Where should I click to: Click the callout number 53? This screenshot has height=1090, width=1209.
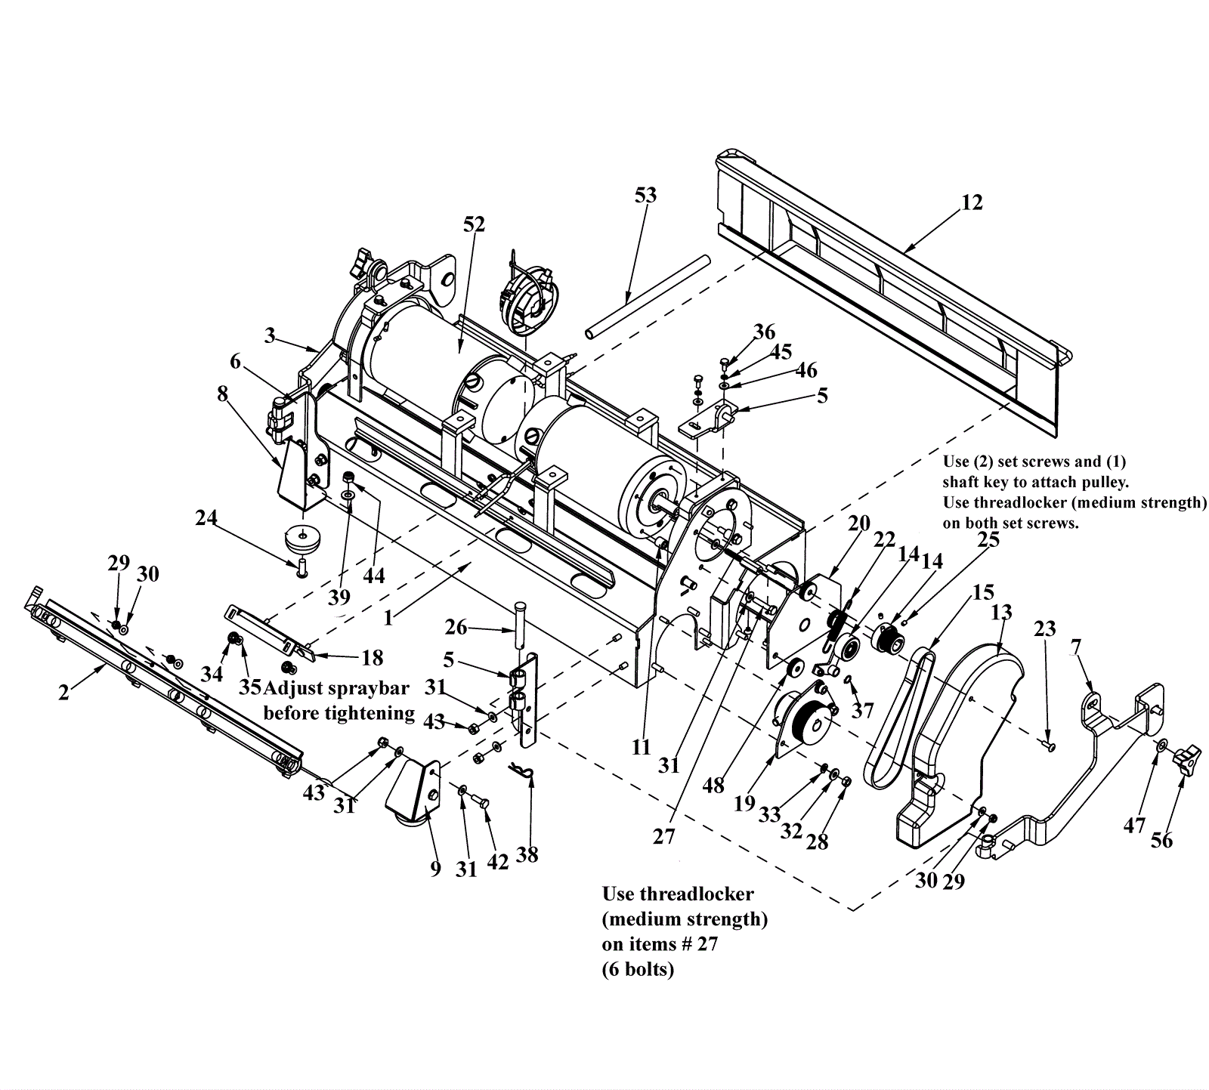(645, 195)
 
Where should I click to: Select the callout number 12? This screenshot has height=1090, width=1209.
(972, 202)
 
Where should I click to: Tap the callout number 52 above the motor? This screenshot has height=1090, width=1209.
(475, 224)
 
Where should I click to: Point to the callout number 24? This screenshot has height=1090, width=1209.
(206, 518)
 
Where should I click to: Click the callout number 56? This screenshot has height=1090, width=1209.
(1161, 840)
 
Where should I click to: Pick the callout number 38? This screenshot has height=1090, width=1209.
(527, 855)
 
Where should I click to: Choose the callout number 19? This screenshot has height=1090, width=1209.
(744, 803)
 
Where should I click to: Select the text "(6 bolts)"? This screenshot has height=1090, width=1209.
(637, 969)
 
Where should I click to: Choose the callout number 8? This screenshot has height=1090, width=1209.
(222, 394)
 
